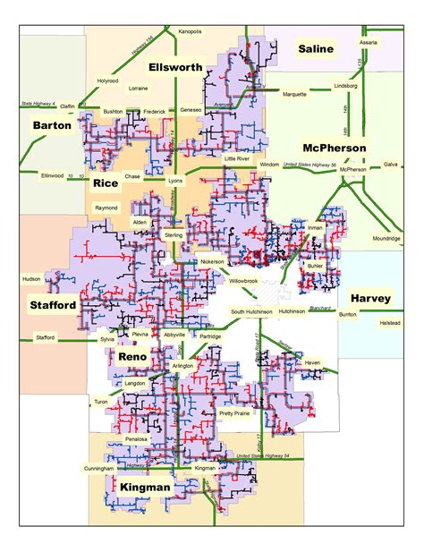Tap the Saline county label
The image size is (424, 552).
(316, 48)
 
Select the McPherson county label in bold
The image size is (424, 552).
(334, 148)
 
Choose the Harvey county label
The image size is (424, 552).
(369, 297)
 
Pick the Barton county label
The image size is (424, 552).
(51, 126)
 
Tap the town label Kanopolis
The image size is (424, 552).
(190, 30)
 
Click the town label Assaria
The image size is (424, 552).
(369, 42)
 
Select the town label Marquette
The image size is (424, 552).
(294, 93)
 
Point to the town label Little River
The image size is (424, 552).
(238, 157)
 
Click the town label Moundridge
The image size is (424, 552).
(387, 239)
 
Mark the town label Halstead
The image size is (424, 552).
(389, 322)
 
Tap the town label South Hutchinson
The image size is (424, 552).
(250, 311)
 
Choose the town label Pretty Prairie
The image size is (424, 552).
(234, 413)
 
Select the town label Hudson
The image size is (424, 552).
(30, 279)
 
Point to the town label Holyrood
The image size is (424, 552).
(107, 81)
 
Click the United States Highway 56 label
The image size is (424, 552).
(309, 165)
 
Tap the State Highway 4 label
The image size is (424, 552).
(38, 105)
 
